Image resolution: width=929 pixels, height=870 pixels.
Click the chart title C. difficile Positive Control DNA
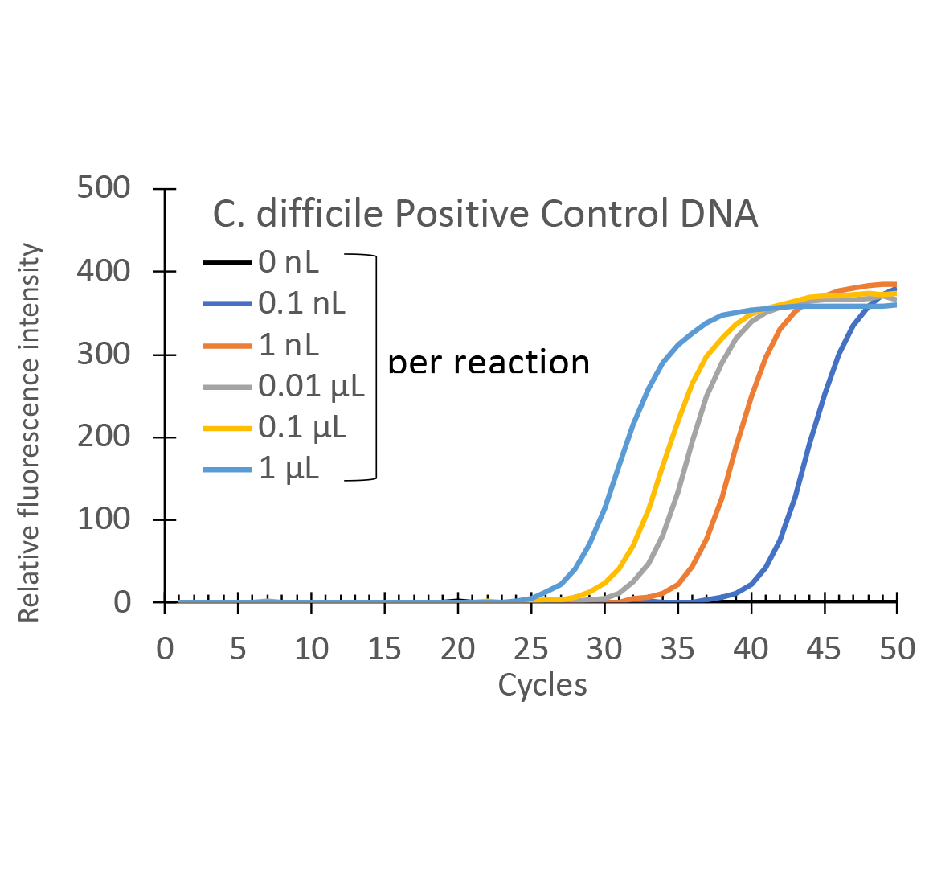tap(485, 214)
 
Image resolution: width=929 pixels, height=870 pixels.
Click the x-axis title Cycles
tap(542, 685)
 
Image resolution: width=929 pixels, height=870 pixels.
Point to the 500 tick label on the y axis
tap(103, 188)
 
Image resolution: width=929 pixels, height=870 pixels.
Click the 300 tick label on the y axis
tap(103, 354)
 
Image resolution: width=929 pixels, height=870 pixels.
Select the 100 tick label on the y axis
tap(103, 519)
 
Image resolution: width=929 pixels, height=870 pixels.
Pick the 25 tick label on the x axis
tap(530, 648)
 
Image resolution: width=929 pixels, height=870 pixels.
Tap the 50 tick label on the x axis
tap(897, 648)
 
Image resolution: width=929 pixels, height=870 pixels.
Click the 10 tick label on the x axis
tap(311, 648)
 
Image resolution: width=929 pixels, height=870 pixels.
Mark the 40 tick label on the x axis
tap(751, 648)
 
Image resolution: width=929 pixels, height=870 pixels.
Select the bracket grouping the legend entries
tap(375, 367)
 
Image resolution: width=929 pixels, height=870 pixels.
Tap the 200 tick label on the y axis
tap(103, 437)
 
